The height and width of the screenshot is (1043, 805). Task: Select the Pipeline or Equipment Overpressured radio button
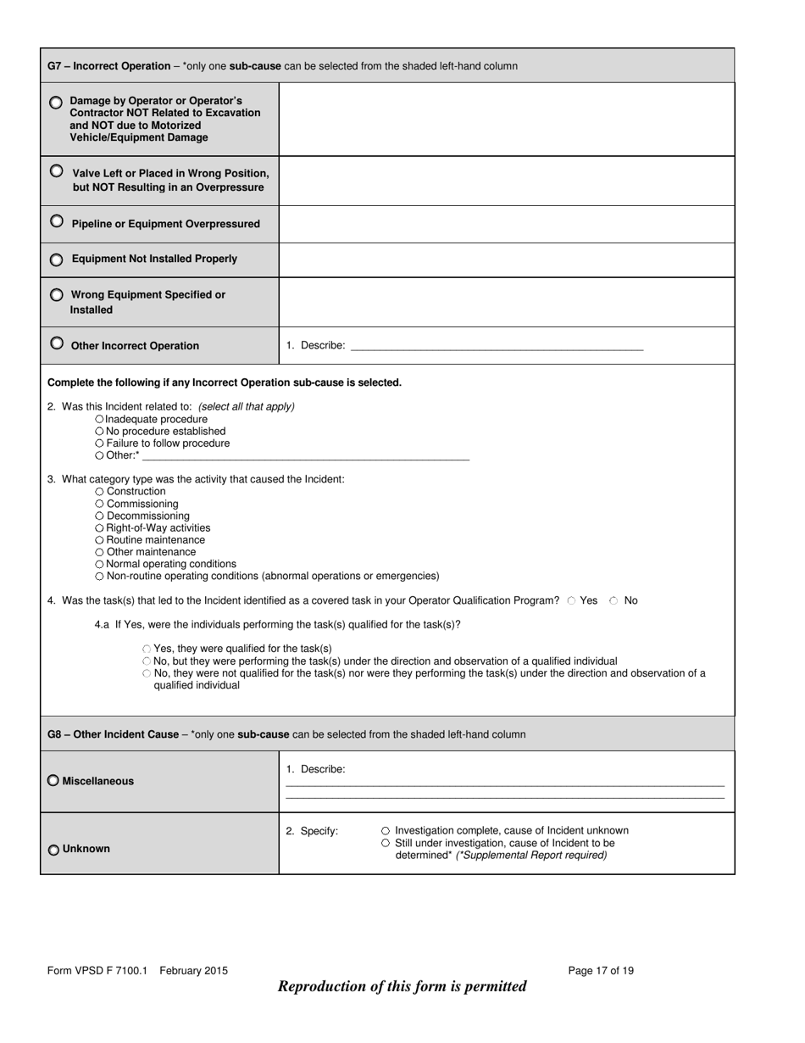[56, 221]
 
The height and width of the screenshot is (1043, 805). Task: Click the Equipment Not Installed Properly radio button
[56, 259]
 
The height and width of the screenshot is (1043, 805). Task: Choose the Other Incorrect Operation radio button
[56, 343]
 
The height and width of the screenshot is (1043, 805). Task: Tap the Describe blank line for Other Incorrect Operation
[497, 346]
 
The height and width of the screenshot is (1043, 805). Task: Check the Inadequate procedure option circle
[100, 419]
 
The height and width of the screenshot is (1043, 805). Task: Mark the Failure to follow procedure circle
[100, 443]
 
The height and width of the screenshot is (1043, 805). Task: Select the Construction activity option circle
[100, 492]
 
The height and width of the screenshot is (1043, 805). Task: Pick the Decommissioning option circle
[100, 516]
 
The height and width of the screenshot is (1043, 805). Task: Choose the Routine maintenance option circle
[100, 540]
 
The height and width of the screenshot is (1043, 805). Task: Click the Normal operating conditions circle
[100, 564]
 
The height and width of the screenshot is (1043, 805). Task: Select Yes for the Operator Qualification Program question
[571, 600]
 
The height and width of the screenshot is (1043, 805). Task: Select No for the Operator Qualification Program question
[614, 600]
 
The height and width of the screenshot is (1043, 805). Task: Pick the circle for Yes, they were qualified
[147, 649]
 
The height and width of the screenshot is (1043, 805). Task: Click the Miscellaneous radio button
[53, 781]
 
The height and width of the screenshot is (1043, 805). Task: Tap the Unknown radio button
[53, 850]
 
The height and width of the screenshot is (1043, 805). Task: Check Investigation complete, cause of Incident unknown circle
[386, 831]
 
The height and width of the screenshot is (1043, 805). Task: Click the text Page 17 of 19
[600, 971]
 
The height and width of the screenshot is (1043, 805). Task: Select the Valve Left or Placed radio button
[56, 170]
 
